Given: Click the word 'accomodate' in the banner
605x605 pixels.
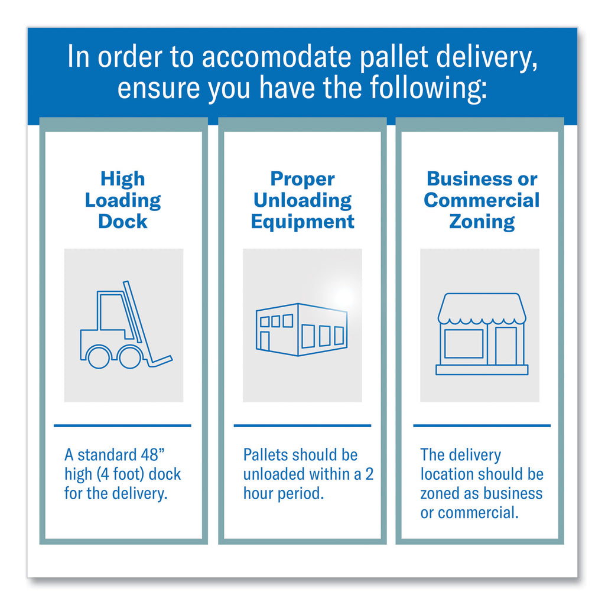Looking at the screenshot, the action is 277,57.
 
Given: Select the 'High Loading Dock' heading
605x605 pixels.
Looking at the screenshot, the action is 123,200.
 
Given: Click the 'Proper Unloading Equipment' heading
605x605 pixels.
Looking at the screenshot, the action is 302,201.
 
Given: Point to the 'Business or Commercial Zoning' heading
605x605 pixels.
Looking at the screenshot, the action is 482,201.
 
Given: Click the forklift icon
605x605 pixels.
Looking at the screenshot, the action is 126,325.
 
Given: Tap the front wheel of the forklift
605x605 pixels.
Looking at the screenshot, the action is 130,356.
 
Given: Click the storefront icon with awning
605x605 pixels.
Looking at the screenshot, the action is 482,334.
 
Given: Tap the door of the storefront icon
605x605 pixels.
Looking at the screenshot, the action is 506,346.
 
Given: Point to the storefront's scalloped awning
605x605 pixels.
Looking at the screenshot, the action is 482,308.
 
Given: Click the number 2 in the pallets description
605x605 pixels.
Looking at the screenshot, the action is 369,474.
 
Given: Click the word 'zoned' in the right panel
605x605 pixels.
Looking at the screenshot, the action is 439,493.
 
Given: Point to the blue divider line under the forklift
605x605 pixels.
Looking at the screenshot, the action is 122,425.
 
